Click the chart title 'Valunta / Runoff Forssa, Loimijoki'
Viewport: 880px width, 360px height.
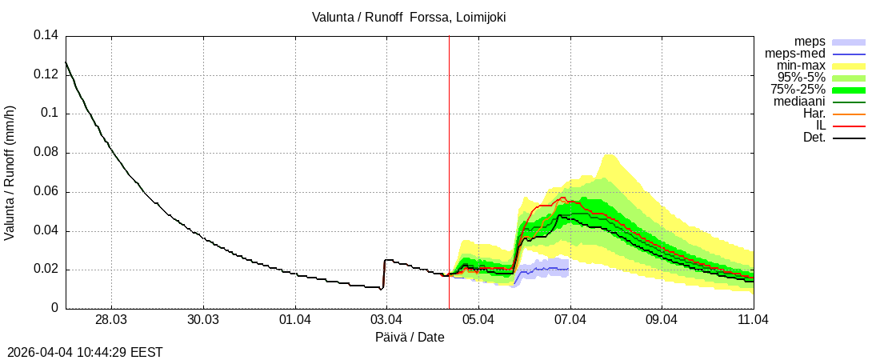tap(409, 17)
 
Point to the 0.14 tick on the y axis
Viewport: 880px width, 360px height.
tap(46, 36)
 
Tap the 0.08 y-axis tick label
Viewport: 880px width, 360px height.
tap(46, 153)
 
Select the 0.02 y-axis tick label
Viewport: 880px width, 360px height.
tap(46, 270)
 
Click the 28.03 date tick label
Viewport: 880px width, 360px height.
tap(111, 319)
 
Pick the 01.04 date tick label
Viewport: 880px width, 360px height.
tap(295, 319)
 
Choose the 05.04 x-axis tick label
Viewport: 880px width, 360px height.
tap(478, 319)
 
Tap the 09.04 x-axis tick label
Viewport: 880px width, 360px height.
tap(662, 319)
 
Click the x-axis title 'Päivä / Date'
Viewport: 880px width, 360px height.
tap(409, 338)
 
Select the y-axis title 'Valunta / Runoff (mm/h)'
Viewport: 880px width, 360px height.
tap(10, 172)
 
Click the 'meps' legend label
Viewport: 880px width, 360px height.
tap(810, 42)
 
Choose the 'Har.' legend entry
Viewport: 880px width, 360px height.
tap(814, 114)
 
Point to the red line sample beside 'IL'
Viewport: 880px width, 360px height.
tap(849, 126)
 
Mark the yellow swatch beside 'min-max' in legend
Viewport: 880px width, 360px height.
tap(849, 66)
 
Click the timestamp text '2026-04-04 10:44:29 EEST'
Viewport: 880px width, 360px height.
tap(85, 351)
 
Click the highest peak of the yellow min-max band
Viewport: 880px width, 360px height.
tap(608, 155)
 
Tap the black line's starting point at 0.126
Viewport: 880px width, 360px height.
tap(66, 62)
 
